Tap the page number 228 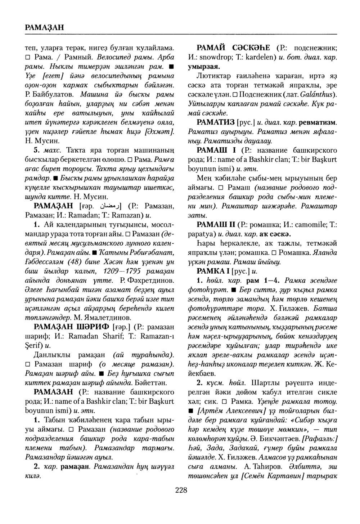pyautogui.click(x=181, y=490)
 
